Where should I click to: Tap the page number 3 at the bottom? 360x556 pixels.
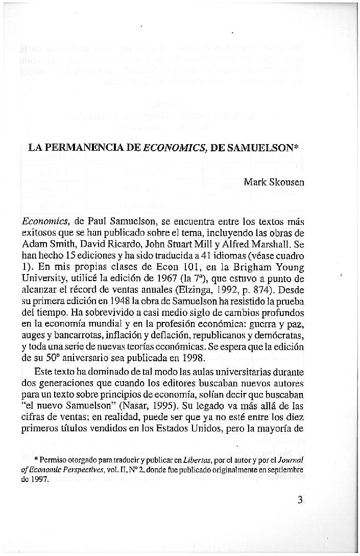[x=300, y=500]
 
